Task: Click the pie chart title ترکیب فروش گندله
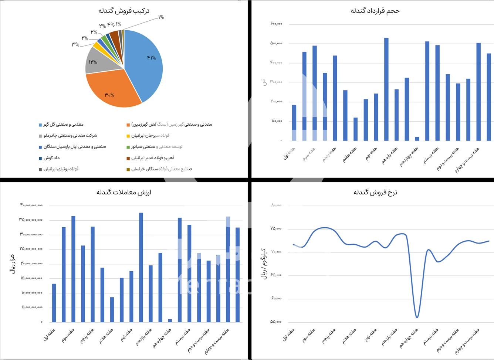click(x=124, y=11)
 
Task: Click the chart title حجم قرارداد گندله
click(x=375, y=11)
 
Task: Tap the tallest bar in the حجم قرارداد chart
click(x=386, y=89)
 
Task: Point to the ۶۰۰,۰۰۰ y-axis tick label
click(x=276, y=24)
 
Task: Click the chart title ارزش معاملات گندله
click(x=124, y=192)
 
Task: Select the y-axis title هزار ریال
click(x=13, y=264)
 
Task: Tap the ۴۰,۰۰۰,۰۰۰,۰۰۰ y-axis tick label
click(x=31, y=205)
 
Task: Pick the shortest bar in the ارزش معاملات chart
click(x=170, y=320)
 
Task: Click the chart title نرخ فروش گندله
click(x=375, y=192)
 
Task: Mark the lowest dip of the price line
click(x=417, y=317)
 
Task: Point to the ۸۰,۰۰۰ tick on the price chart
click(x=276, y=205)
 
